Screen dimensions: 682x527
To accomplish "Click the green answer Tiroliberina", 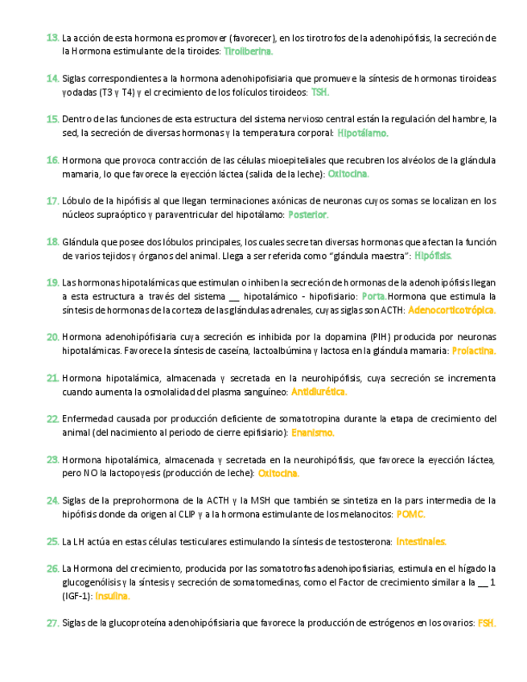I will pos(248,51).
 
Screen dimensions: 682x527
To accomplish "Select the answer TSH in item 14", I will pos(319,92).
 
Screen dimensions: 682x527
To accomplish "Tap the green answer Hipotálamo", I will pos(363,133).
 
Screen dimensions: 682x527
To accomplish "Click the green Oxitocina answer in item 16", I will pos(348,174).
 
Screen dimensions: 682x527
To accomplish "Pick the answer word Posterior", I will pos(308,215).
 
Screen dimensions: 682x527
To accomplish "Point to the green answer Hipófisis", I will pos(433,256).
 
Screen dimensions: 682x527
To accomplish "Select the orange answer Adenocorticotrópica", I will pos(451,310).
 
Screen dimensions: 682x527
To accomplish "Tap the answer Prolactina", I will pos(473,351).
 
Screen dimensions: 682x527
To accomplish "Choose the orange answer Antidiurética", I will pos(319,392).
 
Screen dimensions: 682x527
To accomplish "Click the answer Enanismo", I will pos(312,433).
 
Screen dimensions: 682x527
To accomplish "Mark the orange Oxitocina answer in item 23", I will pos(278,474).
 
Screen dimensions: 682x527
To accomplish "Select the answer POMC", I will pos(411,515).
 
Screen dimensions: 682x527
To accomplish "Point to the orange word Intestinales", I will pos(421,542).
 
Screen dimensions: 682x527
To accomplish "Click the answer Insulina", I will pos(112,597).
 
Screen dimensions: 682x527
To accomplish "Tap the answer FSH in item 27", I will pos(486,623).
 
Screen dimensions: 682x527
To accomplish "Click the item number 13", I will pos(52,38).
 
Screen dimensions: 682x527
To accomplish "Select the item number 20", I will pos(52,338).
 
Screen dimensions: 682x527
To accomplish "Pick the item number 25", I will pos(52,542).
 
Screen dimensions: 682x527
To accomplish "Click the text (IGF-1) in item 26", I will pos(77,597).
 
